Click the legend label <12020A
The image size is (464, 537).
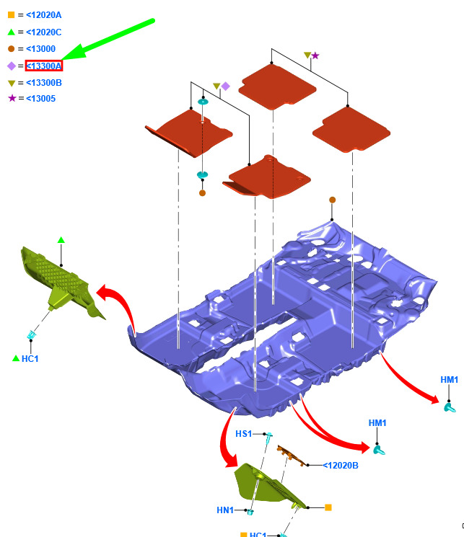click(x=43, y=15)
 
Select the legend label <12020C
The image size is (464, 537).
click(x=43, y=32)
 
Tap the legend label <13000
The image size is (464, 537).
click(x=40, y=48)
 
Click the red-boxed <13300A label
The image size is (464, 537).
click(x=44, y=66)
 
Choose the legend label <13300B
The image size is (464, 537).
click(x=44, y=83)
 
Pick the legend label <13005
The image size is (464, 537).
click(x=40, y=99)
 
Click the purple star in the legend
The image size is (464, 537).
click(x=12, y=98)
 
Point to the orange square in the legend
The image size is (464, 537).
click(x=12, y=14)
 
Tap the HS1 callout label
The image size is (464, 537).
click(x=243, y=434)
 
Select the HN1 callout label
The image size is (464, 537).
click(x=225, y=510)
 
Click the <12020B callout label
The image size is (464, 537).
click(x=341, y=466)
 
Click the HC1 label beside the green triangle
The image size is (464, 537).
click(x=30, y=358)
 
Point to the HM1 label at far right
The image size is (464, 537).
click(x=450, y=379)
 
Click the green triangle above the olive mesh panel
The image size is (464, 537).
click(x=61, y=240)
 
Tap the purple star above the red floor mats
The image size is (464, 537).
click(x=315, y=56)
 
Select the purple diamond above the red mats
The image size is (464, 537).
click(x=225, y=86)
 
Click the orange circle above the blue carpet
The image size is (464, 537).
click(x=332, y=200)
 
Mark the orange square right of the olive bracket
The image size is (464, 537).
click(x=328, y=507)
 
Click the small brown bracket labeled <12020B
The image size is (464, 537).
click(x=292, y=456)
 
